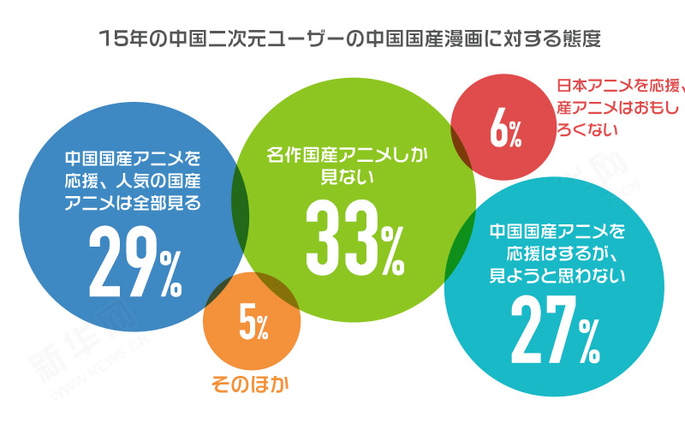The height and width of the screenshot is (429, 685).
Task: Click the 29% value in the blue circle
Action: point(135,262)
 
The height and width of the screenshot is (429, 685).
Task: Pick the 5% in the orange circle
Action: point(253,325)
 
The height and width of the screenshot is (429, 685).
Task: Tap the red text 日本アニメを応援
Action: point(616,86)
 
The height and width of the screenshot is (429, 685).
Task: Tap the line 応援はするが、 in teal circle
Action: point(557,253)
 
